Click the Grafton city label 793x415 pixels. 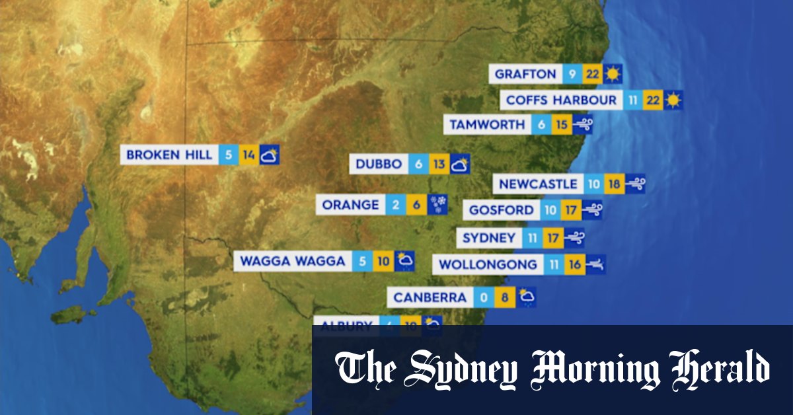[x=525, y=74]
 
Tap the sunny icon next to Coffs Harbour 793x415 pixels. [x=673, y=100]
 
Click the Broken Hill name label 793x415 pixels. [x=169, y=155]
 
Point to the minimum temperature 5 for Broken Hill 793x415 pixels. [x=229, y=155]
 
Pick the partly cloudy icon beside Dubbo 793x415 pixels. [x=460, y=165]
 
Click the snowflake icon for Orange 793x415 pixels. [x=437, y=205]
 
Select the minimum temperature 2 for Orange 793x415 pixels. [x=395, y=205]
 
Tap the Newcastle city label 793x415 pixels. [x=538, y=184]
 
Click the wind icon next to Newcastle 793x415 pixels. [x=635, y=184]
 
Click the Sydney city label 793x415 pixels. [x=488, y=238]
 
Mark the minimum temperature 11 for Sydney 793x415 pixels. [x=533, y=238]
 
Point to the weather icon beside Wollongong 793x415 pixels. [x=595, y=264]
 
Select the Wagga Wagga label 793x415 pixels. [x=292, y=261]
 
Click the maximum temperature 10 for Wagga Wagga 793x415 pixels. [x=383, y=261]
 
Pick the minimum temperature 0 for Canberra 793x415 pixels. [x=483, y=297]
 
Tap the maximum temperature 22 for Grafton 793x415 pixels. [x=592, y=74]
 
